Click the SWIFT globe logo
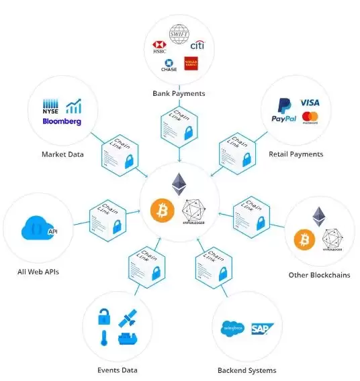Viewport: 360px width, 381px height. click(179, 34)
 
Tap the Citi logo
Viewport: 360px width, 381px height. click(197, 46)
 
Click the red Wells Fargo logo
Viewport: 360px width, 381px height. click(190, 64)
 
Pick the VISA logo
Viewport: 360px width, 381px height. click(310, 103)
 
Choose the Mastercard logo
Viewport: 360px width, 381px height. click(310, 118)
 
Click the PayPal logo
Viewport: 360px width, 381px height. click(284, 111)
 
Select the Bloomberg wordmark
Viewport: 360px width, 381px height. click(61, 121)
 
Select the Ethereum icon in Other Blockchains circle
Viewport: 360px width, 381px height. click(319, 217)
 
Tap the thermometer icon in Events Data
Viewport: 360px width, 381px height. click(105, 337)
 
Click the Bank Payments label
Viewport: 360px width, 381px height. click(179, 93)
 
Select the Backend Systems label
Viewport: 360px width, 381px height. click(246, 370)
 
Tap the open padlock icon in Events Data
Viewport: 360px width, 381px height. click(104, 316)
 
